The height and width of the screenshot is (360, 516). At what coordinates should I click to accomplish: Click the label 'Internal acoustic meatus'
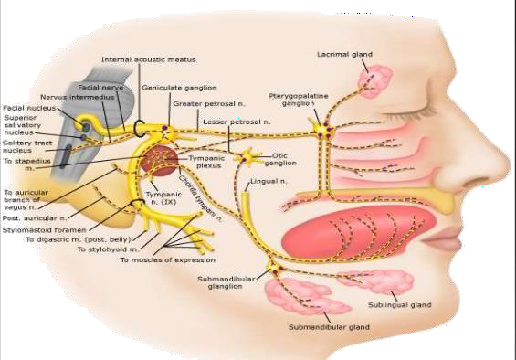(149, 59)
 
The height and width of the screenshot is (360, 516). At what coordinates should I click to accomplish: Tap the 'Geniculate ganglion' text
(179, 88)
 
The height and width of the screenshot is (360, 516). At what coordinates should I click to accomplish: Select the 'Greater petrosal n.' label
(209, 104)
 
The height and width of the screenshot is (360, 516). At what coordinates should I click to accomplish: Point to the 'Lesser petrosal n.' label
(237, 122)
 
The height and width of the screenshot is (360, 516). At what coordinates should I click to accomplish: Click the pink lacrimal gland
(375, 81)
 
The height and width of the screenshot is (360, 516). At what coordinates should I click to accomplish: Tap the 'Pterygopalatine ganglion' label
(299, 100)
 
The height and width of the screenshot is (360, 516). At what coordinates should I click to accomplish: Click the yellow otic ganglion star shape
(247, 157)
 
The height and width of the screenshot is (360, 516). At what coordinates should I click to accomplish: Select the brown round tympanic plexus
(160, 161)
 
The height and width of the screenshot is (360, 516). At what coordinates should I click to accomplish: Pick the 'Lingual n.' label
(269, 181)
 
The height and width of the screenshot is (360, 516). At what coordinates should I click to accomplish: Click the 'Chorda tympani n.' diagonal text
(200, 198)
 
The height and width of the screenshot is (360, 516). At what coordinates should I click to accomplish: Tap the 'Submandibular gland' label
(329, 327)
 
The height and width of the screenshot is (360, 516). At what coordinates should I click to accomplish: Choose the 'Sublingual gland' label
(399, 305)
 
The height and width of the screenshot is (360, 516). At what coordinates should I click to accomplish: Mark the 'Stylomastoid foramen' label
(45, 230)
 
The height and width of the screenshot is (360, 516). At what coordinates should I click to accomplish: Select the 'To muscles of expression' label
(168, 259)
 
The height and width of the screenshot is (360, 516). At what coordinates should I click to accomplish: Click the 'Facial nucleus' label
(29, 108)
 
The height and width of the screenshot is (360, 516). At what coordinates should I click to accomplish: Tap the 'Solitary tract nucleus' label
(27, 146)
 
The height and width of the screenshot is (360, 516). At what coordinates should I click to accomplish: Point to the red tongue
(359, 232)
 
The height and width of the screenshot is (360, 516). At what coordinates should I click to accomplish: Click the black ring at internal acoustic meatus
(139, 128)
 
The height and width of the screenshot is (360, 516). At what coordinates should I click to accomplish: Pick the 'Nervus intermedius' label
(78, 97)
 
